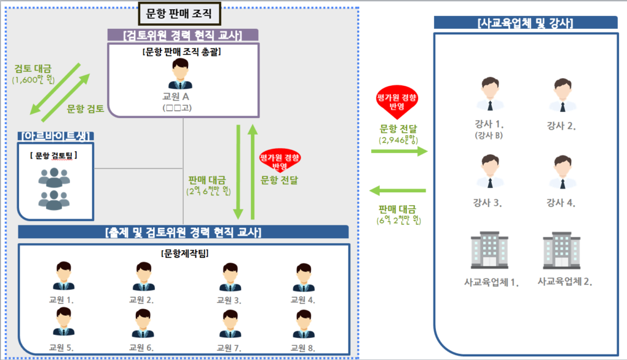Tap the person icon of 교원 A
coord(181,75)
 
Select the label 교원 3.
coord(228,300)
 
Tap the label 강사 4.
coord(561,203)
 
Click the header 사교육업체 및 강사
coord(525,23)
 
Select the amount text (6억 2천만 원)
coord(399,219)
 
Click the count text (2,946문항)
coord(399,140)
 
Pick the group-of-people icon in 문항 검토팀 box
coord(54,187)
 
